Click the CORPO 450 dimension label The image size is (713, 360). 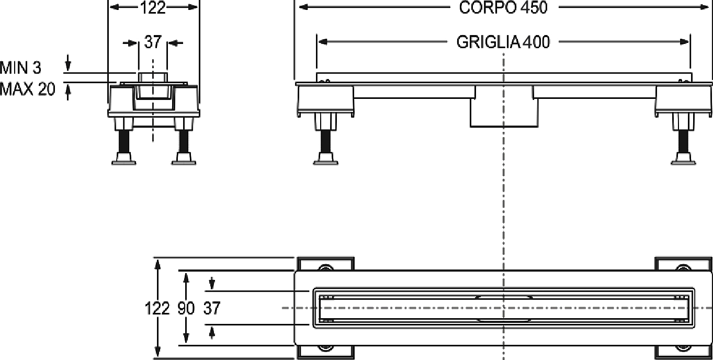click(503, 8)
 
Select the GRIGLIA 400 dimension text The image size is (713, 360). click(503, 42)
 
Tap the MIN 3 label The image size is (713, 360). click(21, 68)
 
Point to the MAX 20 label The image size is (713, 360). click(27, 89)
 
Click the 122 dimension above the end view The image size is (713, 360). click(153, 8)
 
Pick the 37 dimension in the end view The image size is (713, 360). click(153, 42)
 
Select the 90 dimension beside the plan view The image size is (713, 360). click(186, 308)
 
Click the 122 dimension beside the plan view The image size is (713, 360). click(157, 308)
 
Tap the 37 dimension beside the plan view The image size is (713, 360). click(212, 308)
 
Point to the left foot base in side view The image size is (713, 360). click(325, 159)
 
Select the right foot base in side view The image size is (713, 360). click(683, 159)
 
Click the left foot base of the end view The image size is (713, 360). click(124, 159)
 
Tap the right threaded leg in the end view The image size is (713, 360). click(184, 141)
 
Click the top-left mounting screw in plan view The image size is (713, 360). click(325, 268)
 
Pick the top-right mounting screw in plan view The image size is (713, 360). click(683, 268)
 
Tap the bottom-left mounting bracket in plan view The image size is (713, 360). click(325, 352)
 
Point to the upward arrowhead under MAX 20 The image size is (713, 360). click(67, 90)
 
